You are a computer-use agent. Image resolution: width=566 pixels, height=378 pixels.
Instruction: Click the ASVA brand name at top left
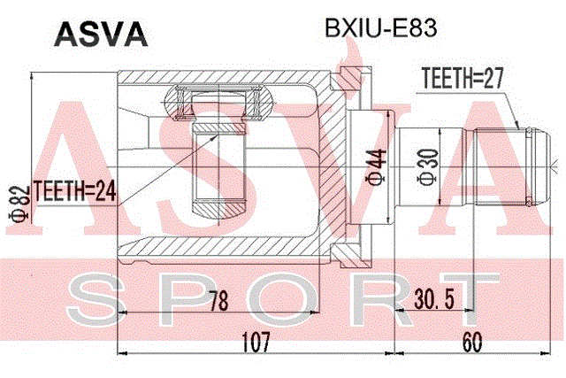point(101,35)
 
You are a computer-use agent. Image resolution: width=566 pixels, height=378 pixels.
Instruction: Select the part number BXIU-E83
point(381,28)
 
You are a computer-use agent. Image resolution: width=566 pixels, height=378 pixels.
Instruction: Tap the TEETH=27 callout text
point(463,78)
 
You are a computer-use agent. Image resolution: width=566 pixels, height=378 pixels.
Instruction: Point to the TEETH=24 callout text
point(74,191)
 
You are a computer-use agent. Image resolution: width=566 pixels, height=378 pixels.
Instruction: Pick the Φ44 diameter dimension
point(377,167)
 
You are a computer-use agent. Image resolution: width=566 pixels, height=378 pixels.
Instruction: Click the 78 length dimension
point(218,301)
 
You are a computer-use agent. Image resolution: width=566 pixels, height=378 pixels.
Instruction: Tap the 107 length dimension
point(256,342)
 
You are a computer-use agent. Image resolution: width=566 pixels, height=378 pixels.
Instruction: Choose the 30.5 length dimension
point(434,299)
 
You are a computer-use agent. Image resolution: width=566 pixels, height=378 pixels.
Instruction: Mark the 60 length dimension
point(472,342)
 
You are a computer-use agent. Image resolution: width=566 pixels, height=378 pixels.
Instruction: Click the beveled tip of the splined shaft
point(542,167)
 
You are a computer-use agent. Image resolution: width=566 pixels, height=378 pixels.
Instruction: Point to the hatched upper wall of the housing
point(224,77)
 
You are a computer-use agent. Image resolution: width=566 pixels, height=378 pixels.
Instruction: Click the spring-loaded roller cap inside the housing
point(218,103)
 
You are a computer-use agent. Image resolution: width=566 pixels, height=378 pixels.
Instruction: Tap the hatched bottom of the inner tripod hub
point(218,209)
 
